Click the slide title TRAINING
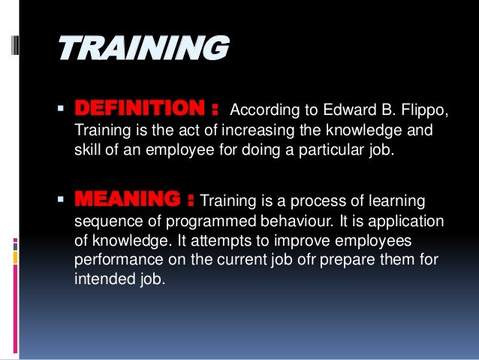pos(143,50)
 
